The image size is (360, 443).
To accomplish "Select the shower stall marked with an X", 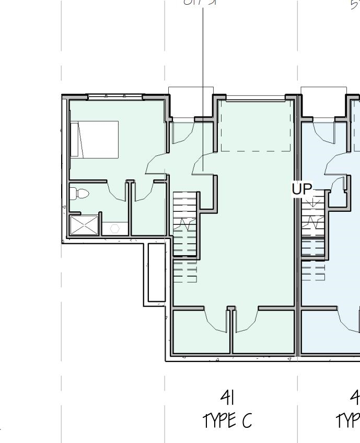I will pyautogui.click(x=84, y=225).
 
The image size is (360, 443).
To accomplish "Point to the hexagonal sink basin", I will pyautogui.click(x=115, y=229).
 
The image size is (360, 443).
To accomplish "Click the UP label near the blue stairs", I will pyautogui.click(x=301, y=189).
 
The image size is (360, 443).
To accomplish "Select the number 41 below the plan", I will pyautogui.click(x=227, y=398).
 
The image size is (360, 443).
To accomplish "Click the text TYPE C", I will pyautogui.click(x=227, y=420).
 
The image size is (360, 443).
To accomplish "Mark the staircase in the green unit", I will pyautogui.click(x=185, y=225).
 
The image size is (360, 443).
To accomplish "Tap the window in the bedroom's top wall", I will pyautogui.click(x=115, y=97).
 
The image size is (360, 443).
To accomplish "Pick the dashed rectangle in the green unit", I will pyautogui.click(x=256, y=126).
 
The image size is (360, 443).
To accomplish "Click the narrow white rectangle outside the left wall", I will pyautogui.click(x=156, y=272).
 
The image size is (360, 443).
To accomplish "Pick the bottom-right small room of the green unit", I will pyautogui.click(x=263, y=332).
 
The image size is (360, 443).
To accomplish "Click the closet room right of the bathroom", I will pyautogui.click(x=149, y=214).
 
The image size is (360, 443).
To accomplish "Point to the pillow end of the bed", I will pyautogui.click(x=74, y=139).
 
